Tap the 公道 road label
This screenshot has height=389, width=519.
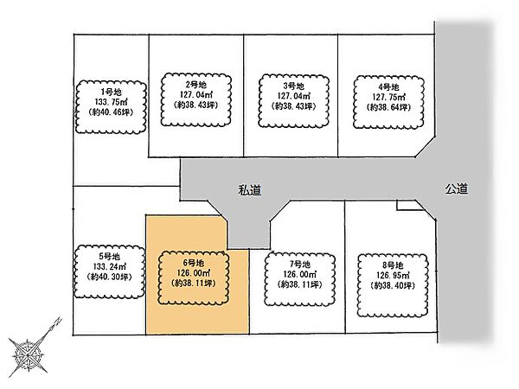[458, 188]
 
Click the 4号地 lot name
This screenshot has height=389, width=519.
[389, 86]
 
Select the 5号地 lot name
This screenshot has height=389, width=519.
[108, 257]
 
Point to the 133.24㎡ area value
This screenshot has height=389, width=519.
[108, 268]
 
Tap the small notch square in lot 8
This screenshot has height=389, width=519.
[406, 206]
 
